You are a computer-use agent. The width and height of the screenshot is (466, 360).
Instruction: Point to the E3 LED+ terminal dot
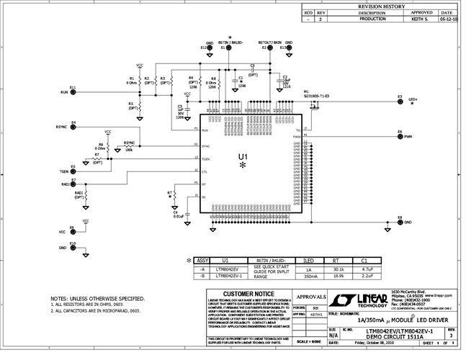coord(400,102)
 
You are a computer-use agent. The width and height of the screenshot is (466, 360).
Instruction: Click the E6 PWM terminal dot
coord(400,136)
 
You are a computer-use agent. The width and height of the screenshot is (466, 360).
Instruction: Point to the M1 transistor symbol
coord(314,106)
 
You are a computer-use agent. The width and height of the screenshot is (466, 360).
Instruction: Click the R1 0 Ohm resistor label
coord(131,80)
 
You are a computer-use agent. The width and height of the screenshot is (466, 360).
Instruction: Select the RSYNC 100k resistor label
coord(130,146)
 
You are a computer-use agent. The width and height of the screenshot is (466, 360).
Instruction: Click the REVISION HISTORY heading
coord(380,6)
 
